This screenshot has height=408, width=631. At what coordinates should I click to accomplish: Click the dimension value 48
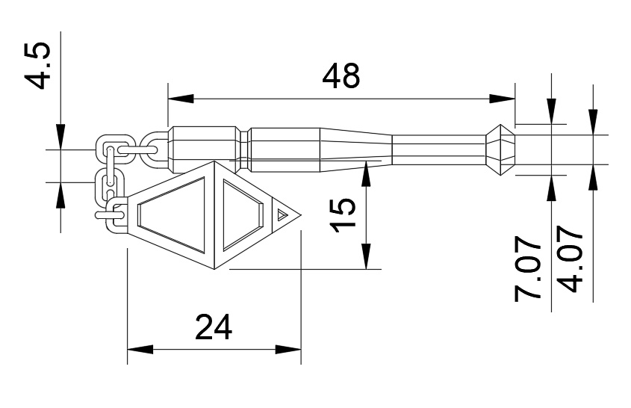pyautogui.click(x=341, y=75)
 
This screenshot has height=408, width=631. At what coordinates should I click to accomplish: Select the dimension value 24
pyautogui.click(x=214, y=327)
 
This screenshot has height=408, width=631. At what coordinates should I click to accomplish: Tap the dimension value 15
pyautogui.click(x=343, y=215)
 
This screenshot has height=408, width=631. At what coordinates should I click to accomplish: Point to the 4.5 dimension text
pyautogui.click(x=37, y=65)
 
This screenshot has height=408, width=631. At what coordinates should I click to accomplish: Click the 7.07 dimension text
pyautogui.click(x=527, y=271)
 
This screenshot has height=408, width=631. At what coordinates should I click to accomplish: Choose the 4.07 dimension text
pyautogui.click(x=571, y=259)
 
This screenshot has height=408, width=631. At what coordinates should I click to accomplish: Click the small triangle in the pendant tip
pyautogui.click(x=282, y=214)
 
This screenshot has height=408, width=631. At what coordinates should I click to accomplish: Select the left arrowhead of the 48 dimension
pyautogui.click(x=181, y=99)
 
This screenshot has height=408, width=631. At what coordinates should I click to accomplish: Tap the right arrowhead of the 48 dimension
pyautogui.click(x=503, y=99)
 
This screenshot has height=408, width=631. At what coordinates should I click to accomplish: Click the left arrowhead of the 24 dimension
pyautogui.click(x=140, y=349)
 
